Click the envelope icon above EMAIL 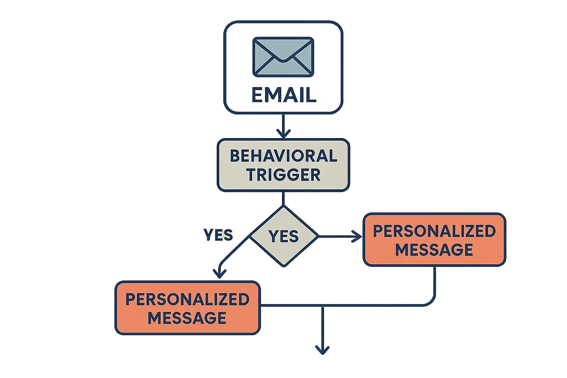[x=283, y=57]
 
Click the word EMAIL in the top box [x=283, y=95]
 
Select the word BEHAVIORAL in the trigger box [x=283, y=156]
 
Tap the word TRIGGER [x=283, y=175]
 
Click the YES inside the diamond [x=283, y=236]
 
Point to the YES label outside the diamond [x=219, y=235]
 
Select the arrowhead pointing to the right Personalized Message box [x=356, y=236]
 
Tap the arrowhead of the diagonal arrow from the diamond [x=220, y=273]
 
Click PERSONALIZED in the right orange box [x=434, y=231]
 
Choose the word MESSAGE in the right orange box [x=434, y=250]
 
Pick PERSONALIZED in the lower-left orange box [x=188, y=299]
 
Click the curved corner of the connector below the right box [x=431, y=302]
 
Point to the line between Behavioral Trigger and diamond [x=283, y=199]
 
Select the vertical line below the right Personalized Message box [x=435, y=282]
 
